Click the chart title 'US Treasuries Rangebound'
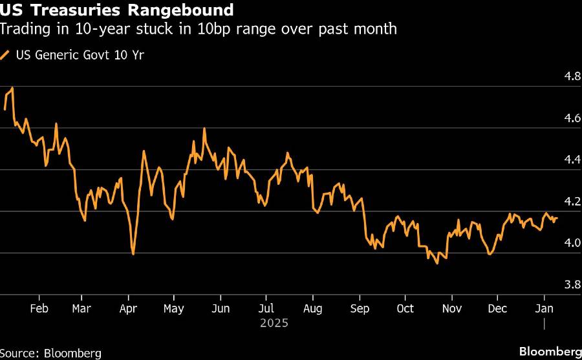pyautogui.click(x=117, y=11)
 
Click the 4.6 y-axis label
pyautogui.click(x=572, y=118)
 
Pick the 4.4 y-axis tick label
pyautogui.click(x=572, y=160)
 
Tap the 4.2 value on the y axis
pyautogui.click(x=572, y=202)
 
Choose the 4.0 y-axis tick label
pyautogui.click(x=572, y=243)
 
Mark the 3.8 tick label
pyautogui.click(x=572, y=284)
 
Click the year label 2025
pyautogui.click(x=273, y=322)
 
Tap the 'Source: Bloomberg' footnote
pyautogui.click(x=51, y=353)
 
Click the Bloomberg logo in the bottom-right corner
pyautogui.click(x=550, y=352)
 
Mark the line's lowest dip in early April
pyautogui.click(x=133, y=253)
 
